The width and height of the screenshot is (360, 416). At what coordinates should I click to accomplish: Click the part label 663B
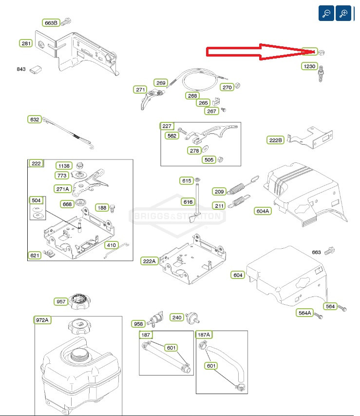point(51,22)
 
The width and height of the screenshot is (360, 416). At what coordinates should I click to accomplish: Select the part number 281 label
point(26,43)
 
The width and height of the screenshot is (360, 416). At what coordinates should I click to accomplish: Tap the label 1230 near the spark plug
point(309,66)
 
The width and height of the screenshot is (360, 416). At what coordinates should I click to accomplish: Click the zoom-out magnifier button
point(326,13)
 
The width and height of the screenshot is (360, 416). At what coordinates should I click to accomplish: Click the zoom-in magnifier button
point(343,13)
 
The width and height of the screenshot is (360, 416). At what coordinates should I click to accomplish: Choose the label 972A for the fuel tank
point(42,320)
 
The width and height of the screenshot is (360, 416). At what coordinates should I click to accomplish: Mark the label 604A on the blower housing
point(263,211)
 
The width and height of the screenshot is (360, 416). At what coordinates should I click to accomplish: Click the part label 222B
point(276,140)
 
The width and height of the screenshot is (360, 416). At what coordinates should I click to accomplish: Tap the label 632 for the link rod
point(35,119)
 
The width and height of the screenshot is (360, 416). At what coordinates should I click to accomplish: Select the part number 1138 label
point(63,165)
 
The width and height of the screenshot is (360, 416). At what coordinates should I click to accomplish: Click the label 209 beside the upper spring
point(219,191)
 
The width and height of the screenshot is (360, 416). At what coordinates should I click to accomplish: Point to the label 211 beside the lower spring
point(219,205)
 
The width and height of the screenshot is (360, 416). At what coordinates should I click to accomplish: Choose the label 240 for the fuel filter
point(177,317)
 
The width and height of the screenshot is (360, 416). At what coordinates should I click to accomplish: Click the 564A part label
point(304,313)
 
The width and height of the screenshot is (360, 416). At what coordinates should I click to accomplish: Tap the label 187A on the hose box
point(204,335)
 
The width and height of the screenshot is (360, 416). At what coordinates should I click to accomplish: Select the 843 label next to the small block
point(21,69)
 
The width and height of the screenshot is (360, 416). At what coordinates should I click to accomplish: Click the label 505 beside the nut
point(209,159)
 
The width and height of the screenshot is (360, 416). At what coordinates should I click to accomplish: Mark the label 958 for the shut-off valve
point(138,324)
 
